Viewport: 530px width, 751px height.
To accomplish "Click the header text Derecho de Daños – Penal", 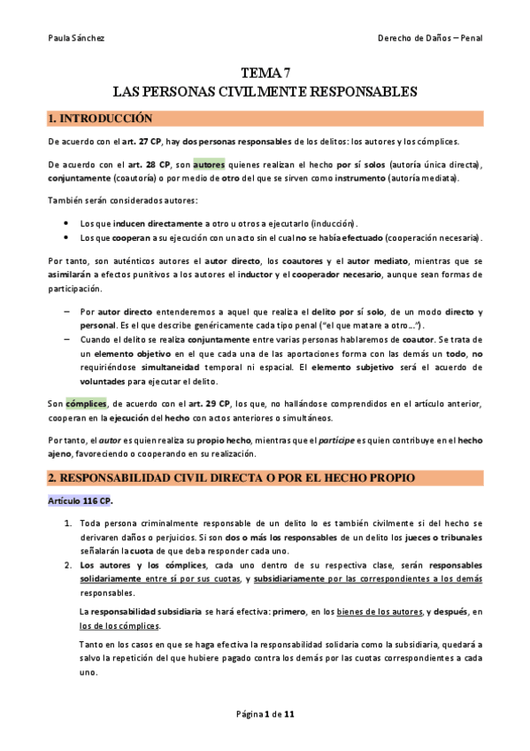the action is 429,38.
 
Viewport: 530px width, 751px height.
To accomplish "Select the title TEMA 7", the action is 265,74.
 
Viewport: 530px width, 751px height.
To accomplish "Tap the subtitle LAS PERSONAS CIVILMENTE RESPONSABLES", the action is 265,92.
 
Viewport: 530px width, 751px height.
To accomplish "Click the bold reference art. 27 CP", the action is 143,142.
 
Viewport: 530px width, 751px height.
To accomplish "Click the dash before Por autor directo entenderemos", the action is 67,313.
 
